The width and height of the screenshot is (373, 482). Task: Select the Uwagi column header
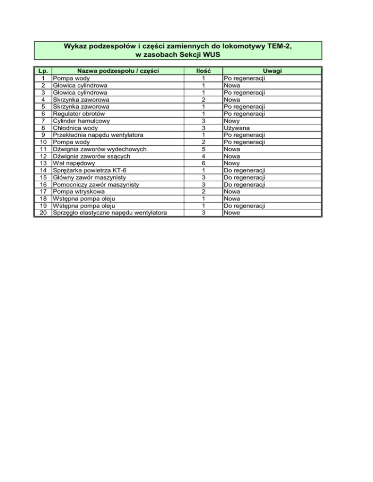pyautogui.click(x=271, y=71)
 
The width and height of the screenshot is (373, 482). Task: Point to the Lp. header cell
pyautogui.click(x=43, y=71)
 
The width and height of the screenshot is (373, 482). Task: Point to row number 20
pyautogui.click(x=43, y=213)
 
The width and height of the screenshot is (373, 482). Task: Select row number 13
pyautogui.click(x=43, y=163)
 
